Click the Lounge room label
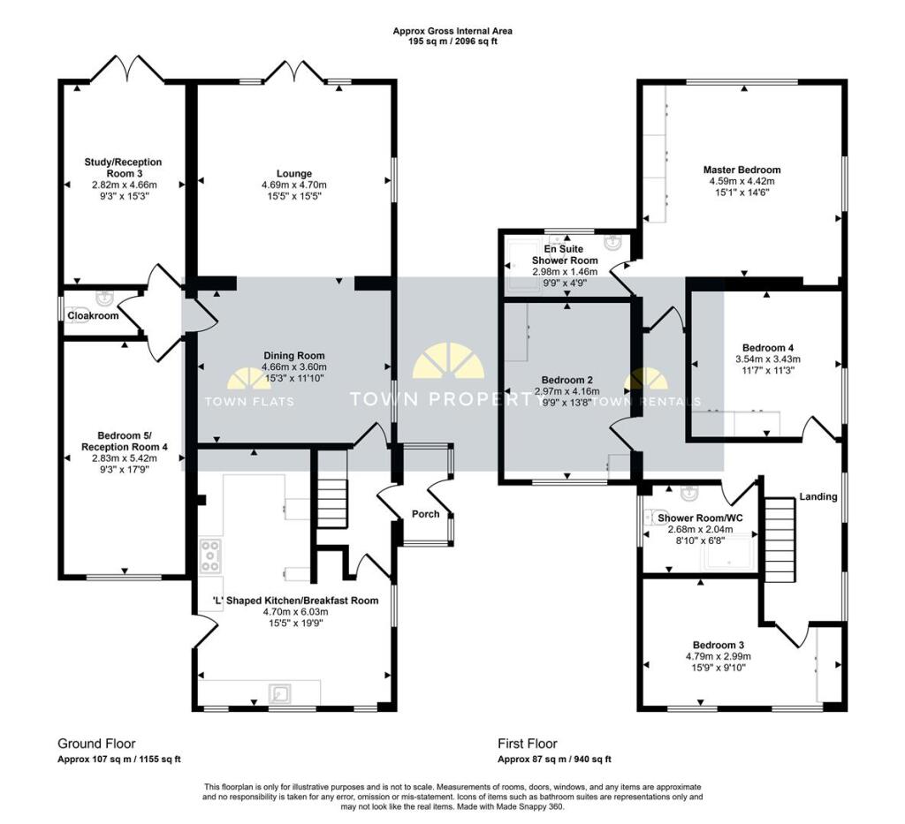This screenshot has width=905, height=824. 293,173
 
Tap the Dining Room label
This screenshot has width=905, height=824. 294,355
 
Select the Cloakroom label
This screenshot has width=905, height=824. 93,315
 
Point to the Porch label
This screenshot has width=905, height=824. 425,514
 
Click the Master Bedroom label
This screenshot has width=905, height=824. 741,170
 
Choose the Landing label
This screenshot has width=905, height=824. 818,496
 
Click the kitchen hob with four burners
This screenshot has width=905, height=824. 211,556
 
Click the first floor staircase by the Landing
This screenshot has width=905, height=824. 780,535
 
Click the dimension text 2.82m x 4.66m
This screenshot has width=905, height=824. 124,185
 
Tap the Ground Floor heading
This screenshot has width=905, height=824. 96,744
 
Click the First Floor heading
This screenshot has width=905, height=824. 528,744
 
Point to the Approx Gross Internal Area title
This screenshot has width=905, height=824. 452,31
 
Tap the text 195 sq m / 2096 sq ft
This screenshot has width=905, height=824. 452,42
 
